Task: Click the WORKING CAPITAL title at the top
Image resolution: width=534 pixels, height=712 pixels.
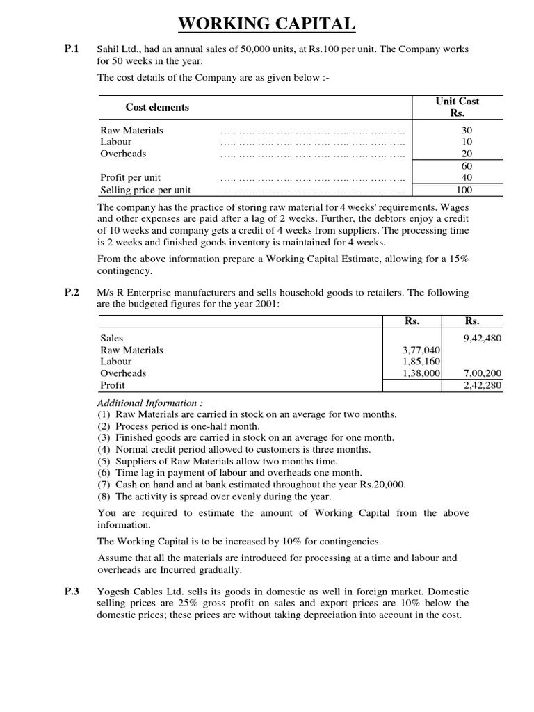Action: pos(267,24)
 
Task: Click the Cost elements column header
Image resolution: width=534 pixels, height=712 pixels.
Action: pos(157,107)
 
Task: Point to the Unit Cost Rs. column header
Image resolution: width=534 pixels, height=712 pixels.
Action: pos(457,107)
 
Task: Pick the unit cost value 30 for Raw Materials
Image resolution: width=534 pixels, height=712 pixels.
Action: pos(466,130)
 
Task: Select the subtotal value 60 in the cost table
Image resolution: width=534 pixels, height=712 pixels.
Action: pos(466,166)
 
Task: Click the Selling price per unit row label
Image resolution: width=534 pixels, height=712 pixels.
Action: pos(145,190)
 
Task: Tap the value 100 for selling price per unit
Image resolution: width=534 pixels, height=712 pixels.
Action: pos(464,190)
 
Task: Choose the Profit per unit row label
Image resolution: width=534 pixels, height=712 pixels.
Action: pos(131,178)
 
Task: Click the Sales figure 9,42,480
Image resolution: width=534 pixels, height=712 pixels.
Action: pos(482,338)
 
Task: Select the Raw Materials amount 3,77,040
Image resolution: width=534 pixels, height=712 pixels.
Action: pos(422,350)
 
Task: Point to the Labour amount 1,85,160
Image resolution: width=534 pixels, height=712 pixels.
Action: pos(422,362)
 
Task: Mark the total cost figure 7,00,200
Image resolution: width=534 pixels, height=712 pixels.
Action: pos(482,373)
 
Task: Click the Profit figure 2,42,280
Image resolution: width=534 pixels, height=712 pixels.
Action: pos(482,385)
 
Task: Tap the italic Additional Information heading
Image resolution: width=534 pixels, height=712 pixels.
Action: pos(150,403)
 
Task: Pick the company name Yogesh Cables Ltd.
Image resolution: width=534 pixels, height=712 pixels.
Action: pos(141,592)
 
